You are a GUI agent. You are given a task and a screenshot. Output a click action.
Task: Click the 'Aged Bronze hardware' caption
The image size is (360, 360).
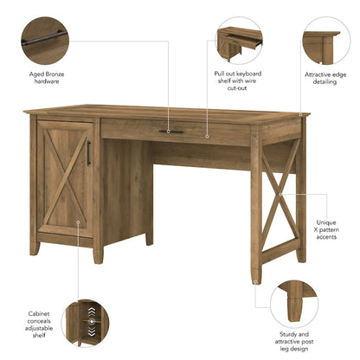tap(46, 80)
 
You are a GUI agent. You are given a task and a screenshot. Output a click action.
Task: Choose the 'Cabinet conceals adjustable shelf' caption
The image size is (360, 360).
tap(39, 323)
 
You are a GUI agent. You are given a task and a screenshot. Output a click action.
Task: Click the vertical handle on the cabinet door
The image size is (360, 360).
tap(88, 152)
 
